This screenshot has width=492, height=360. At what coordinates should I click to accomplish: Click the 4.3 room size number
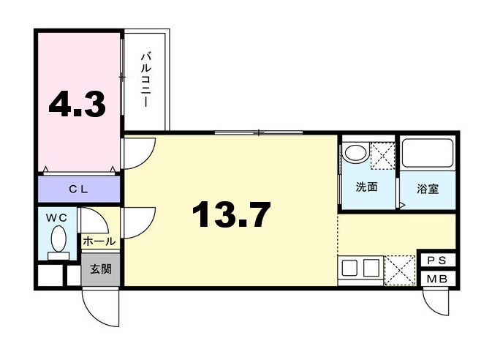point(77,105)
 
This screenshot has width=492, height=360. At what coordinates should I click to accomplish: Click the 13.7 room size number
point(231,215)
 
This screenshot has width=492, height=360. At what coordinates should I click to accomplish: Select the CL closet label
point(78,190)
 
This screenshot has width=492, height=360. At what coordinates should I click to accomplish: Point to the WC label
point(56,218)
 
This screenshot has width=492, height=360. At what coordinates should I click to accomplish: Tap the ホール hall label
point(99,241)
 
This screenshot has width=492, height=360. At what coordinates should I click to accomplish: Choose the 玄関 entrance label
point(101,269)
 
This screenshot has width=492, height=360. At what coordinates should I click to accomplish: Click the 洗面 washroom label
point(366,187)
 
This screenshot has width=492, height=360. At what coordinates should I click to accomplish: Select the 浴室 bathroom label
point(428,189)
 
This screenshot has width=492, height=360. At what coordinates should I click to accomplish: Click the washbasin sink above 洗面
point(356,154)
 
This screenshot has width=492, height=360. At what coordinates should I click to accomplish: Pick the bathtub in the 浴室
point(428,154)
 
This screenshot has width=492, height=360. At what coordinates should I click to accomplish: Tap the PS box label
point(436,261)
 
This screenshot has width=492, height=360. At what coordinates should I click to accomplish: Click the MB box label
point(436,279)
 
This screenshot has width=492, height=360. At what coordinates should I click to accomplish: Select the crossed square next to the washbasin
point(382,154)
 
